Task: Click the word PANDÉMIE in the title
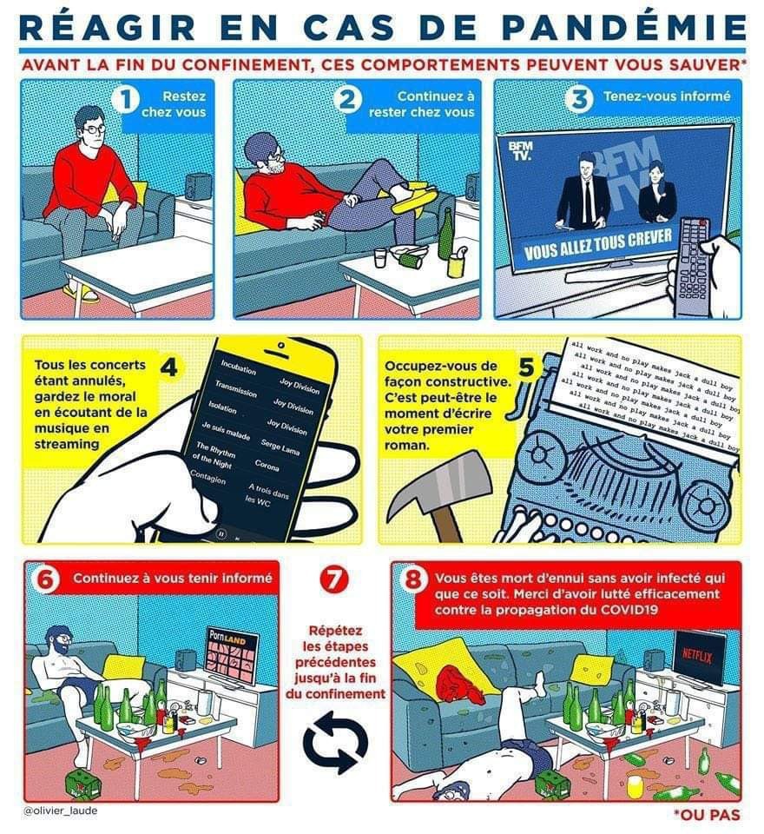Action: click(623, 27)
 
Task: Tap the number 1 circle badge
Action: click(126, 99)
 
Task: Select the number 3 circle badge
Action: click(580, 99)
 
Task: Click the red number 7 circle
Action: click(334, 579)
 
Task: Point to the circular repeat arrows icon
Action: click(335, 742)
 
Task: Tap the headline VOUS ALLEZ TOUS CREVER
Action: click(599, 243)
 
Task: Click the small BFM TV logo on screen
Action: click(520, 150)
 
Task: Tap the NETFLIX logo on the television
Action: click(697, 657)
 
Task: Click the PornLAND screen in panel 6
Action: click(232, 655)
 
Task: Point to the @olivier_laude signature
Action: click(61, 811)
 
